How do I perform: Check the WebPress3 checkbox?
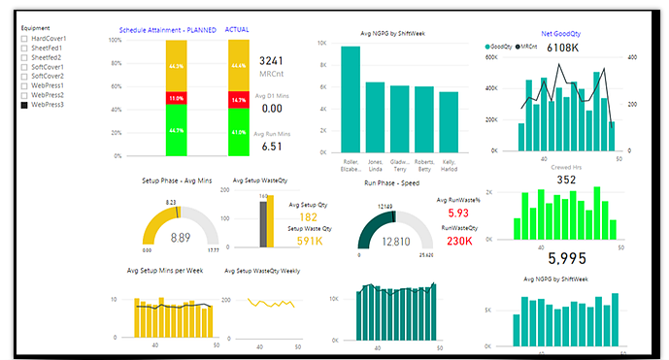[x=24, y=105]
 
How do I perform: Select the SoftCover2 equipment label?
[x=49, y=76]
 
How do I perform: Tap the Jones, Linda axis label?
[x=375, y=165]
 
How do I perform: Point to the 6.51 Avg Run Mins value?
[x=272, y=147]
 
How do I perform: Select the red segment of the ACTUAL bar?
[x=239, y=100]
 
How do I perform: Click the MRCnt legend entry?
[x=529, y=47]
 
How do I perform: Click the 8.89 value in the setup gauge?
[x=180, y=237]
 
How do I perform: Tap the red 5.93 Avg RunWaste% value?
[x=458, y=213]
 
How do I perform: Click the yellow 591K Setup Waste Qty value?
[x=310, y=242]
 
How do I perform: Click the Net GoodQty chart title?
[x=562, y=33]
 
